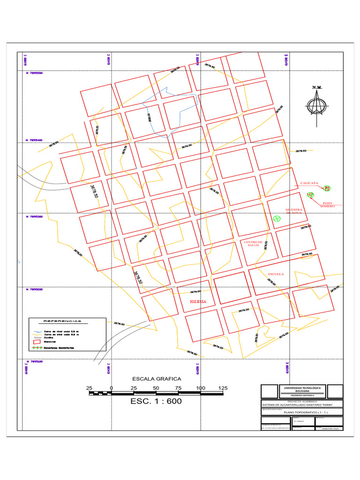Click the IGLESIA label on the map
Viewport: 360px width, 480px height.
point(198,301)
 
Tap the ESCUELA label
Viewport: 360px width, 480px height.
point(276,274)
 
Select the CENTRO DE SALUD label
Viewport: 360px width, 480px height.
point(253,244)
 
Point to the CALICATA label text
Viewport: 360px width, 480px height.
point(309,183)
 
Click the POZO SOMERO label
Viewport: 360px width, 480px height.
point(328,205)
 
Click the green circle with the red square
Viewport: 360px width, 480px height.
point(327,188)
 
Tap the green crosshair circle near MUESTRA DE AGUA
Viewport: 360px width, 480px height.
point(277,218)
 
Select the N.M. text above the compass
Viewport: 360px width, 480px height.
point(317,88)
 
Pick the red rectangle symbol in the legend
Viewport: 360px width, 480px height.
point(36,342)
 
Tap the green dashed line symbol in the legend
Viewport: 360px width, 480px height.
point(36,348)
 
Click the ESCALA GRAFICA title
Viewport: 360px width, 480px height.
point(156,379)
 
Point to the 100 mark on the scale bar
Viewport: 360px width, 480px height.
point(201,388)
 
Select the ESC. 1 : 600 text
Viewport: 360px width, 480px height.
point(156,401)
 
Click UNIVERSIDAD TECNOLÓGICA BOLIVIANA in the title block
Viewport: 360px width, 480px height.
point(302,390)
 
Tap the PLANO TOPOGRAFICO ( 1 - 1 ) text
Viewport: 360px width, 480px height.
point(302,412)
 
